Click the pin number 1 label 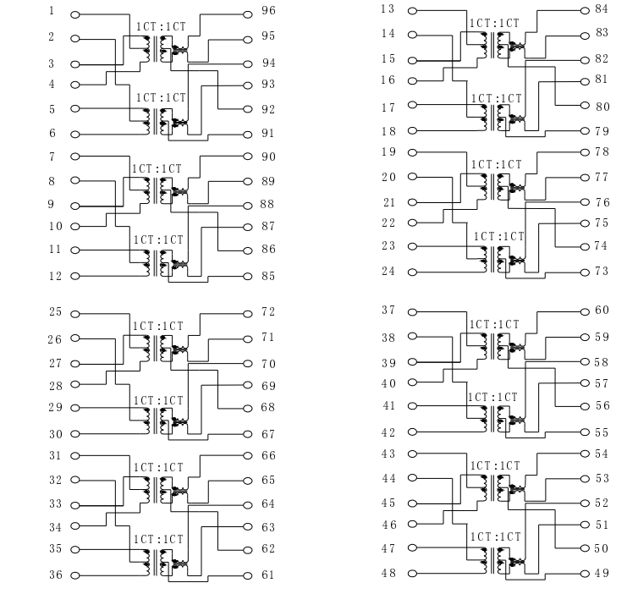point(52,11)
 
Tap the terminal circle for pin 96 point(247,14)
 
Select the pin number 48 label point(388,573)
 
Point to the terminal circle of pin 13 point(412,11)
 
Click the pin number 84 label point(602,8)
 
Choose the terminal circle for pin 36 point(74,575)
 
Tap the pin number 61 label point(268,575)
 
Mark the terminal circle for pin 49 point(585,574)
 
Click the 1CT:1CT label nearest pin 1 point(161,27)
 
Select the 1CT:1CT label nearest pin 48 point(495,537)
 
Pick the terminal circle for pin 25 point(74,314)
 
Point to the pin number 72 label point(268,311)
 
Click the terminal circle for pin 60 point(585,312)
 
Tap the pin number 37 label point(388,310)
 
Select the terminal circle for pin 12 point(74,276)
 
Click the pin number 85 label point(268,276)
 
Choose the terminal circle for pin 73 point(585,272)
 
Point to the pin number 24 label point(388,271)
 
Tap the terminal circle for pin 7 point(74,157)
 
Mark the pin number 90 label point(268,157)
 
